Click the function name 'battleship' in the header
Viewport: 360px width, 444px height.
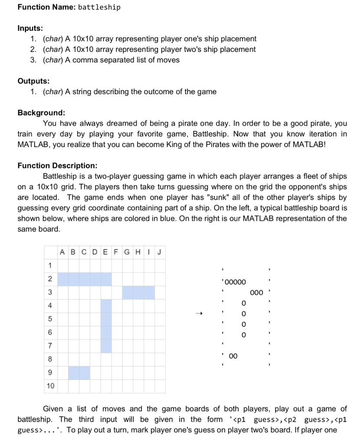(99, 7)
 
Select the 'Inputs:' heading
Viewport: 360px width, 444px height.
(30, 28)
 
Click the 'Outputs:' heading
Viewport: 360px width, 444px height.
(33, 81)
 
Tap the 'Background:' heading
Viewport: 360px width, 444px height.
(41, 113)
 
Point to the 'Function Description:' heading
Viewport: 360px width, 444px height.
(57, 166)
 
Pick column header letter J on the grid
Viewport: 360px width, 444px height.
(160, 252)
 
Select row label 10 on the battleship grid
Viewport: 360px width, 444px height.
(50, 386)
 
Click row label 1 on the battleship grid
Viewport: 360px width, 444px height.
(50, 265)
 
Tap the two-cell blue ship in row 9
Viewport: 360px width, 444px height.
(79, 372)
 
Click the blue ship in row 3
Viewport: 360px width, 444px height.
(138, 292)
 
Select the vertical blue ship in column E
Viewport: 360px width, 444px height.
(106, 326)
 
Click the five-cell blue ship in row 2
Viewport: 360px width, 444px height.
(85, 279)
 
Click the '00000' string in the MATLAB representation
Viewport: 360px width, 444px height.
(236, 282)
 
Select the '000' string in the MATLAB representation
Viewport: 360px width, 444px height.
(257, 292)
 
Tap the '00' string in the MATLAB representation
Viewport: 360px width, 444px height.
(233, 356)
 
